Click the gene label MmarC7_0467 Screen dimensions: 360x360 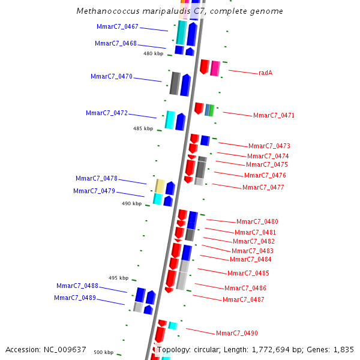click(118, 26)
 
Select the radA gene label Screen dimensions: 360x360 click(265, 73)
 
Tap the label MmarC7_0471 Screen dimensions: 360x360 click(274, 115)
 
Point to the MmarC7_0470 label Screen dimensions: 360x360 click(112, 76)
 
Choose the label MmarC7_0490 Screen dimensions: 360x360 click(236, 333)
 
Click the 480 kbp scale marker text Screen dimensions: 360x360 click(153, 53)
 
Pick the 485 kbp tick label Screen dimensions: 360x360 click(143, 128)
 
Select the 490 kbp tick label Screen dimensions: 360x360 click(131, 203)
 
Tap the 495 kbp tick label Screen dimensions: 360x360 click(118, 278)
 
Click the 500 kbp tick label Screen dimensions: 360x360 click(103, 352)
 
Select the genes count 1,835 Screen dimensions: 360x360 click(344, 349)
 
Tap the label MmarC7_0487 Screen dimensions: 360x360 click(243, 299)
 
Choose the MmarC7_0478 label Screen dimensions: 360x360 click(97, 178)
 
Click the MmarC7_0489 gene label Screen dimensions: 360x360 click(75, 298)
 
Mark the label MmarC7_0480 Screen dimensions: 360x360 click(257, 221)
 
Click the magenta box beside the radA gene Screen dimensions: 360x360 click(215, 68)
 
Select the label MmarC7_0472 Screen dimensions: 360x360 click(107, 113)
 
